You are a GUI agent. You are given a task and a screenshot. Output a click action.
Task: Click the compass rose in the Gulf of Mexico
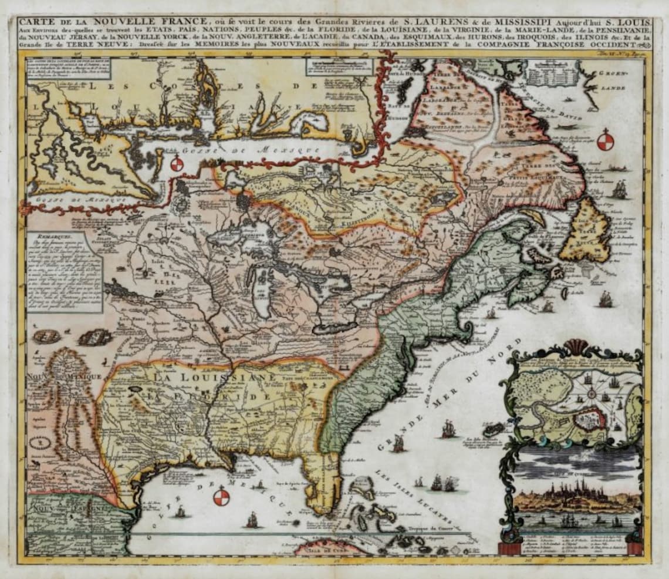click(x=221, y=498)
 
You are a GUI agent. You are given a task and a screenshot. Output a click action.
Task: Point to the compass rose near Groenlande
click(x=605, y=142)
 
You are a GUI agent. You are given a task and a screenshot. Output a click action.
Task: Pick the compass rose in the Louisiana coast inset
click(x=178, y=164)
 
